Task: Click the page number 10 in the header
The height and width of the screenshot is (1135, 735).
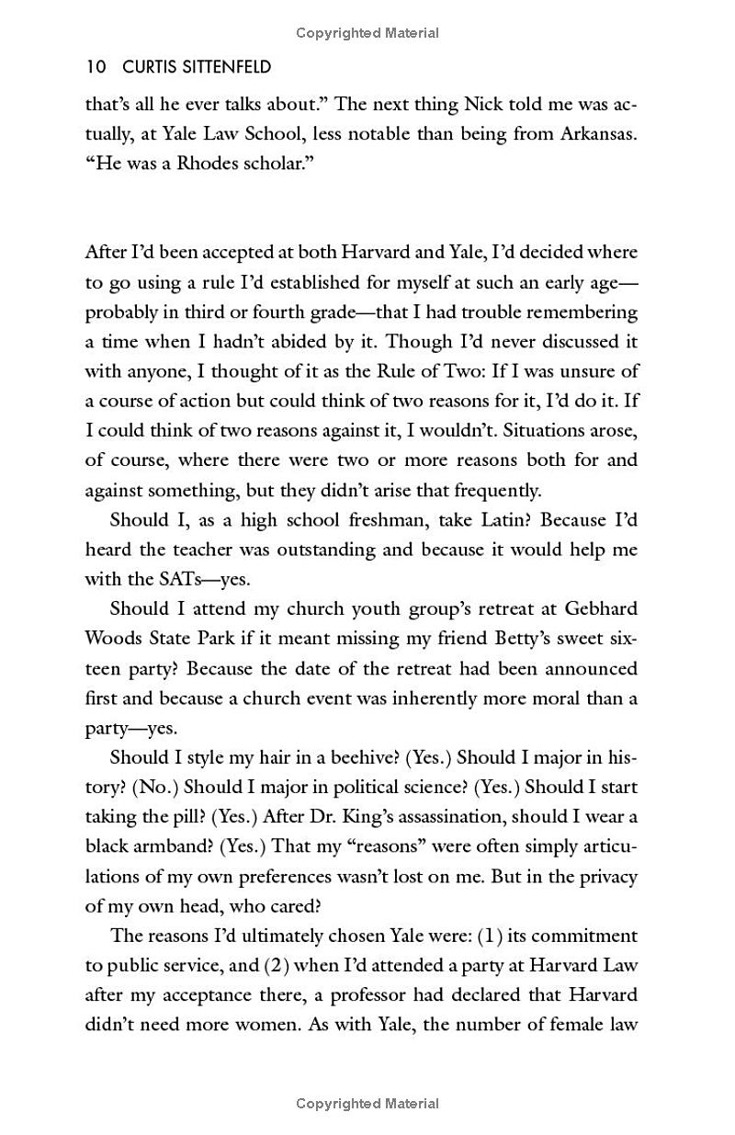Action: point(95,67)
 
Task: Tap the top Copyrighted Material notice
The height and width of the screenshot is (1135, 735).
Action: point(367,33)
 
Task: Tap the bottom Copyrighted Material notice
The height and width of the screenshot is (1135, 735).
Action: point(367,1104)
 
